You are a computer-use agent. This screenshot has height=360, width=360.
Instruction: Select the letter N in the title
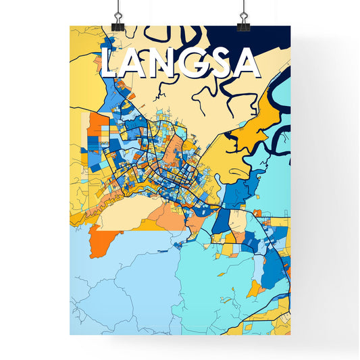pos(164,64)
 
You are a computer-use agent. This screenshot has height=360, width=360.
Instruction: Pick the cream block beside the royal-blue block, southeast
pos(238,221)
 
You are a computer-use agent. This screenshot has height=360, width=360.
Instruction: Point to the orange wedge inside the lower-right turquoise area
pos(255,290)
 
